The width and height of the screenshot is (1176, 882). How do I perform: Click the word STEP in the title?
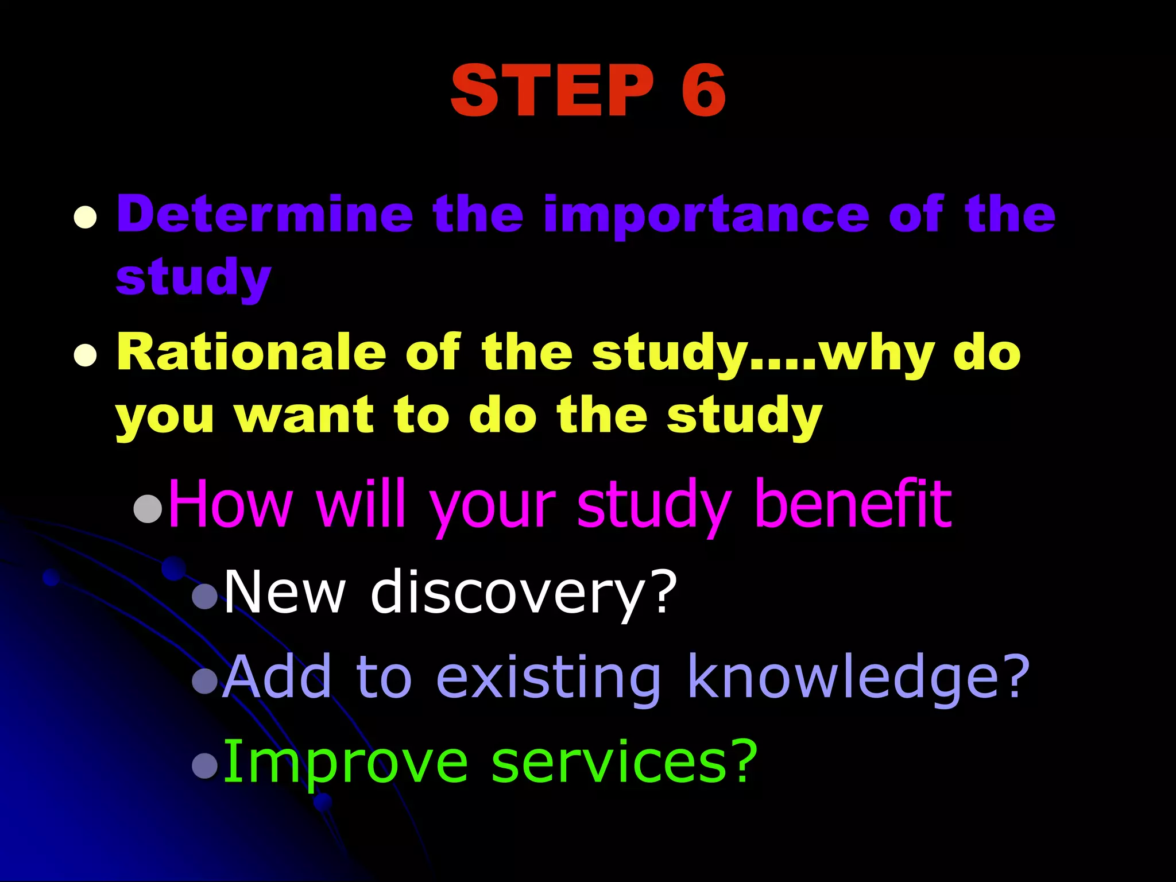pos(552,90)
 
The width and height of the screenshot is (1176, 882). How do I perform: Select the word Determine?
pos(265,214)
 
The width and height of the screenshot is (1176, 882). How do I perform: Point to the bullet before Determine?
pos(85,218)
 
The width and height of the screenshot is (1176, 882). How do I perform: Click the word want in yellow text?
pos(304,415)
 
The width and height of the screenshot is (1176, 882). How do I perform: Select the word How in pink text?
pos(230,505)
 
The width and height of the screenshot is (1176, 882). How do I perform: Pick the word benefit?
pos(853,504)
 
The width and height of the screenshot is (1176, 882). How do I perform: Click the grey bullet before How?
pos(148,508)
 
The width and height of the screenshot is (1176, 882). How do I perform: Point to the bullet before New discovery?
pos(205,597)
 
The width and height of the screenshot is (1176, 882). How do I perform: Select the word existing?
pos(548,678)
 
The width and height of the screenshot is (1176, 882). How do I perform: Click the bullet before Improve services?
pos(205,765)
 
